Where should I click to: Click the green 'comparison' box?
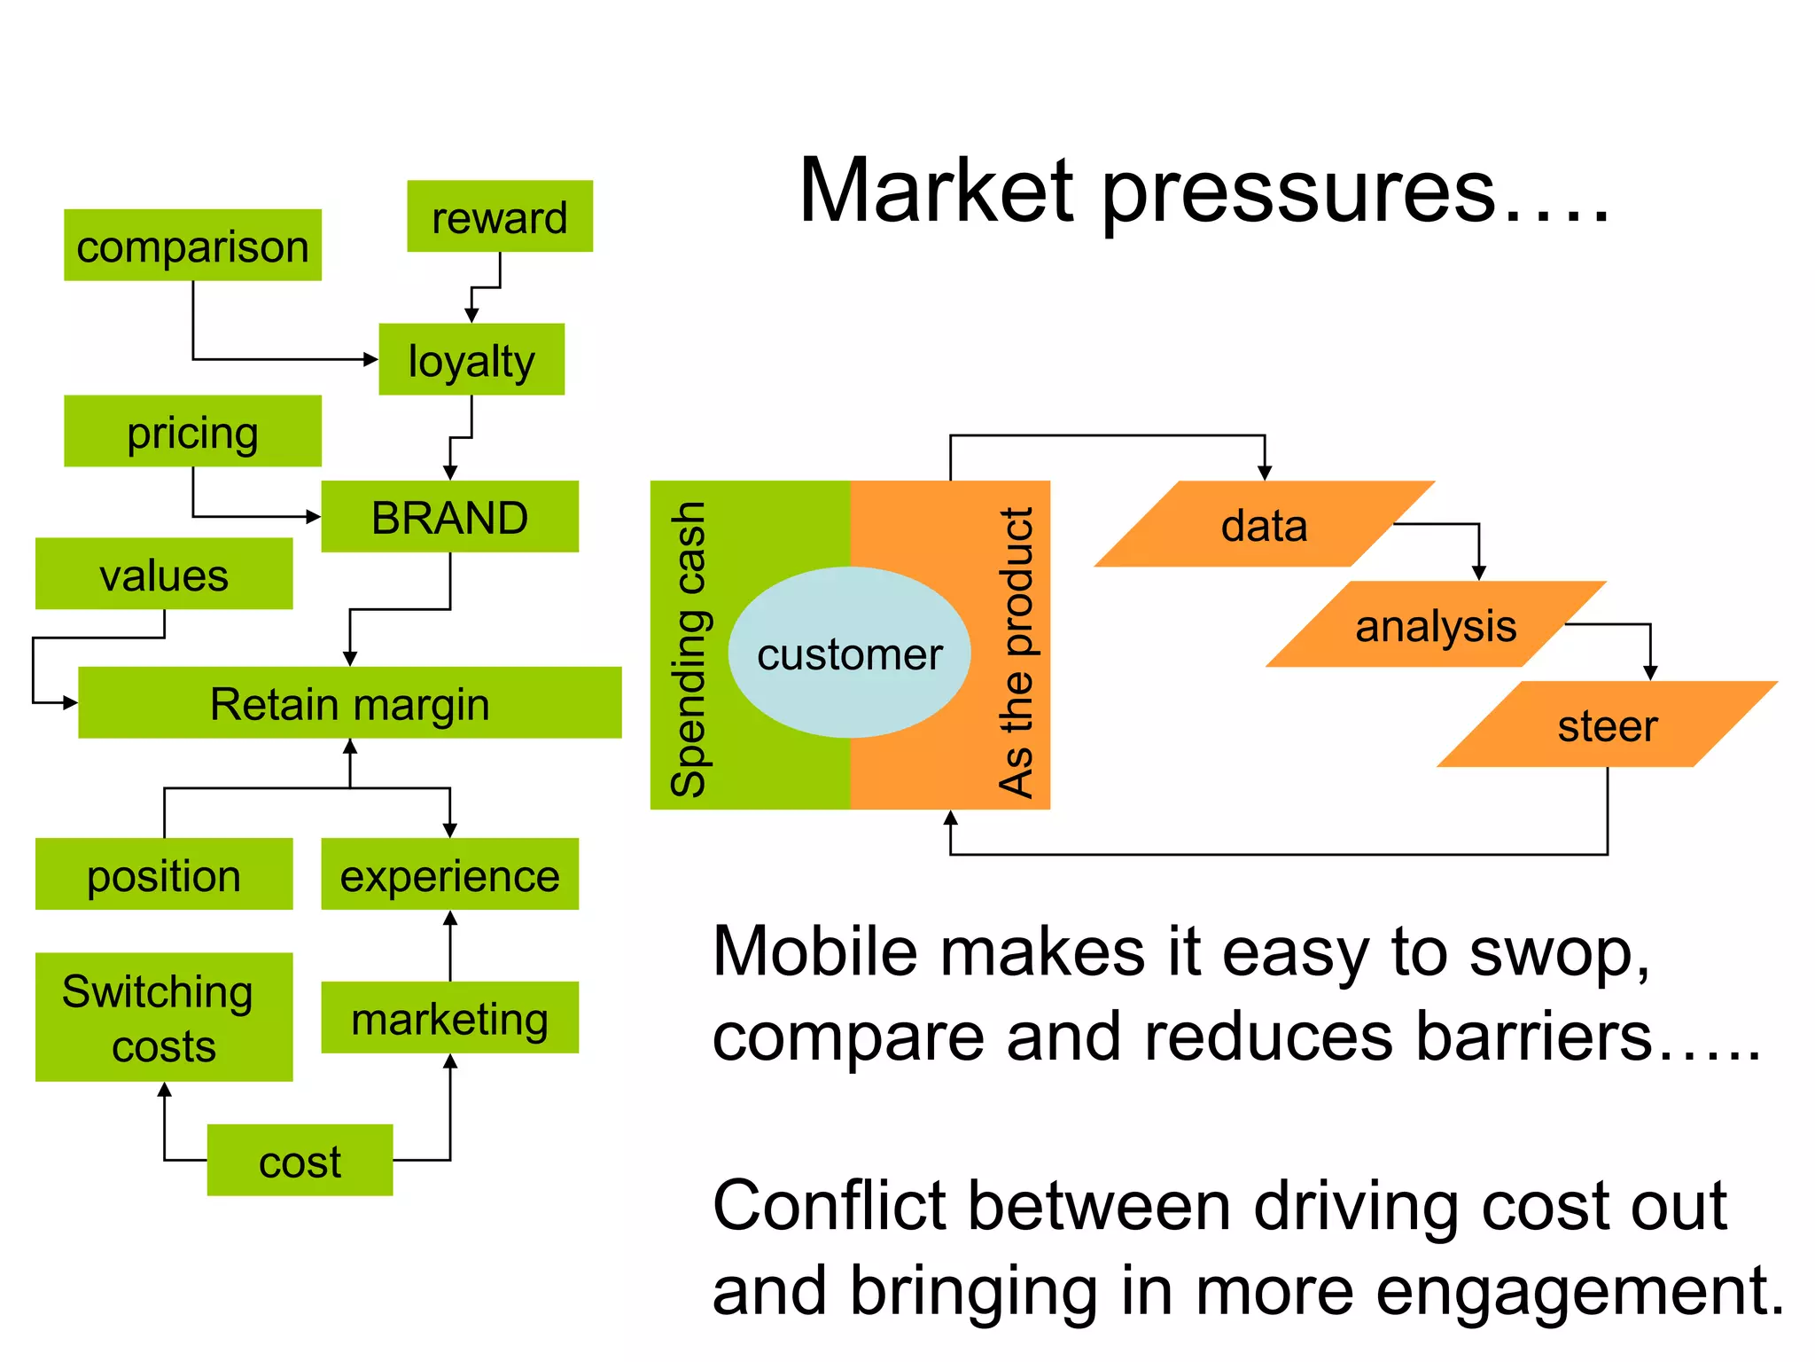tap(192, 246)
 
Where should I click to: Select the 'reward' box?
tap(500, 216)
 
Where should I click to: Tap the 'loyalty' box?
tap(471, 359)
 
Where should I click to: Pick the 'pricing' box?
tap(192, 431)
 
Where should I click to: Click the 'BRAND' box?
tap(449, 517)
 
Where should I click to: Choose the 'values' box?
tap(164, 574)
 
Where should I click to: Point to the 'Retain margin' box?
tap(350, 702)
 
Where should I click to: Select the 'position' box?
tap(164, 874)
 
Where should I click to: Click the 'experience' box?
tap(449, 874)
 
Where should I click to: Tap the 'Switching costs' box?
tap(164, 1017)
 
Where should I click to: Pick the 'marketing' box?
tap(449, 1017)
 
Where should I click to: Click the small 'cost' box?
tap(300, 1160)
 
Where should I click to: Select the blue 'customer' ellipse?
tap(849, 653)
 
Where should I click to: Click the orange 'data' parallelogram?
tap(1265, 525)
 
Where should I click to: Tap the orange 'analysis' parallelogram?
tap(1436, 625)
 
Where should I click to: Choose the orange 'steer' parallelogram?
tap(1607, 724)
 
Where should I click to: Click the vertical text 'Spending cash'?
tap(689, 648)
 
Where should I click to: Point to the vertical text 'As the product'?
tap(1017, 652)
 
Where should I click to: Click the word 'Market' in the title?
tap(936, 191)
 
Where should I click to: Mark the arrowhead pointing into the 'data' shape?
tap(1265, 473)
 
